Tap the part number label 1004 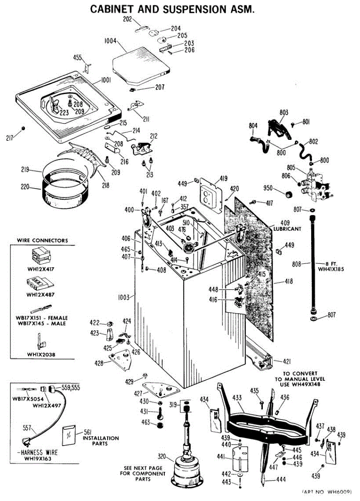pyautogui.click(x=111, y=41)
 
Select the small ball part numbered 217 pyautogui.click(x=23, y=128)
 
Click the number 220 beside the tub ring pyautogui.click(x=25, y=186)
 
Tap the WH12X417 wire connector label pyautogui.click(x=40, y=269)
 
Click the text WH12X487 pyautogui.click(x=40, y=295)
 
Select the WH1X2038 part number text pyautogui.click(x=41, y=354)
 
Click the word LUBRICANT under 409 pyautogui.click(x=287, y=229)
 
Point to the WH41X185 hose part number pyautogui.click(x=331, y=269)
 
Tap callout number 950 pyautogui.click(x=268, y=188)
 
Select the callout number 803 pyautogui.click(x=284, y=112)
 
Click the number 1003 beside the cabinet pyautogui.click(x=123, y=297)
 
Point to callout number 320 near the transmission pyautogui.click(x=162, y=456)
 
